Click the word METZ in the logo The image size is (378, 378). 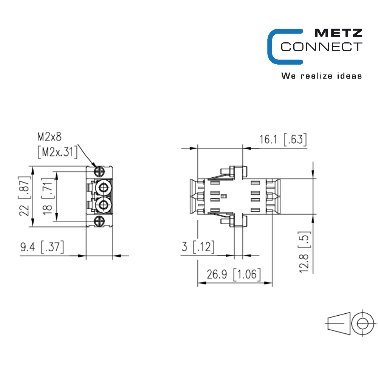pyautogui.click(x=338, y=33)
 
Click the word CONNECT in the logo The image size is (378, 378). pyautogui.click(x=321, y=47)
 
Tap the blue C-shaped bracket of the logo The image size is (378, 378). pyautogui.click(x=273, y=46)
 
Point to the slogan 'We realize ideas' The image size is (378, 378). pyautogui.click(x=321, y=76)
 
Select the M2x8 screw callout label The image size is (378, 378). pyautogui.click(x=50, y=137)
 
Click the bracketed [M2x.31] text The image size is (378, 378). pyautogui.click(x=57, y=152)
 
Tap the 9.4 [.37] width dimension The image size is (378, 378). pyautogui.click(x=42, y=247)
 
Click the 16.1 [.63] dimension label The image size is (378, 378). pyautogui.click(x=283, y=139)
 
